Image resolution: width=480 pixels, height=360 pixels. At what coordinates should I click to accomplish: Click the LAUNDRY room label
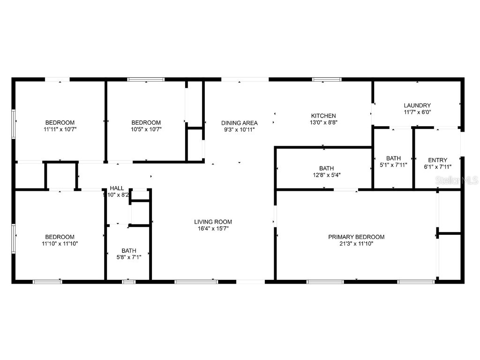pos(417,105)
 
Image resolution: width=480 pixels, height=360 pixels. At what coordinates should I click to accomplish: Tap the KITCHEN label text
pos(323,116)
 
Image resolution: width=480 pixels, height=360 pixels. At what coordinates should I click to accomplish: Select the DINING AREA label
pos(240,123)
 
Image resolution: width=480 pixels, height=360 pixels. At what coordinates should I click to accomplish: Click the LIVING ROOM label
pos(213,222)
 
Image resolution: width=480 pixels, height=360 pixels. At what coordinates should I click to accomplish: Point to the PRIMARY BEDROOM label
pos(356,237)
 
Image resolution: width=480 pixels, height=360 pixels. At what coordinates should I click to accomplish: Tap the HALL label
pos(117,188)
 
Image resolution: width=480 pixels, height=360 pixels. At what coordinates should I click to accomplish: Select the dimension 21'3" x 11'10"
pos(356,244)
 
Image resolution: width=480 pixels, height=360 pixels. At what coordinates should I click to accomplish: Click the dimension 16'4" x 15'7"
pos(213,229)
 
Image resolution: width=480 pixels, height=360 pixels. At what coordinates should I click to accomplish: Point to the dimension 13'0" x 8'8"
pos(323,122)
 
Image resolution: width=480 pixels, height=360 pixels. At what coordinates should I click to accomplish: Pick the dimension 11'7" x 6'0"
pos(417,112)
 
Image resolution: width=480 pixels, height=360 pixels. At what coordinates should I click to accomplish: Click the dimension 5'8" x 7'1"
pos(128,257)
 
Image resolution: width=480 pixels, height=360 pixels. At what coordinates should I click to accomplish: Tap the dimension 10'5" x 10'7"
pos(146,129)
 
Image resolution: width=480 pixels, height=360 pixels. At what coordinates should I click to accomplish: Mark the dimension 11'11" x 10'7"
pos(60,129)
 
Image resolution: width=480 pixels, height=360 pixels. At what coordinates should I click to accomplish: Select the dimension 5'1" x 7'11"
pos(393,165)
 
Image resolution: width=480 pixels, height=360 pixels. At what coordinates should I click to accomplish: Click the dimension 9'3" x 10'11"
pos(240,130)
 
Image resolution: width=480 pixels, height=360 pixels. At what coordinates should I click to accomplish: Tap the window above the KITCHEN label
pos(327,80)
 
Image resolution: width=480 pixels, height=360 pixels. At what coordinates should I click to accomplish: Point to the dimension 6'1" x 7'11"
pos(437,166)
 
